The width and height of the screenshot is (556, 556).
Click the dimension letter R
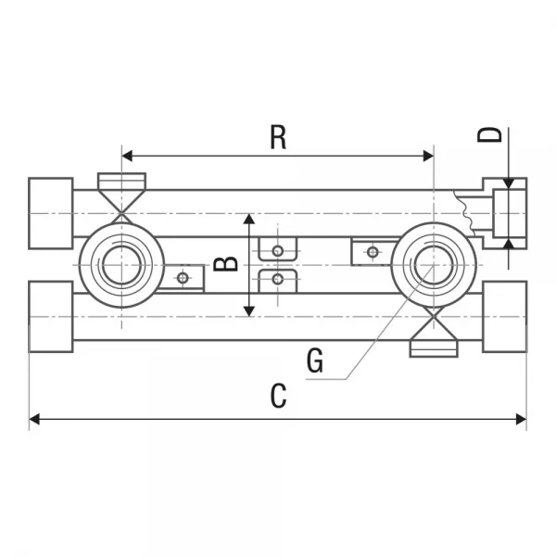click(x=278, y=137)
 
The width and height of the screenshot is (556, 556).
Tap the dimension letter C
click(x=278, y=396)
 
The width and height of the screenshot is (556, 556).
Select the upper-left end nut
click(x=51, y=213)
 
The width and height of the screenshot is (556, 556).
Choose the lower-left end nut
click(x=51, y=317)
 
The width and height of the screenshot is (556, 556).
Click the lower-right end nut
click(x=504, y=317)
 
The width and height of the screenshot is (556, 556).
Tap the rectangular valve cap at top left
click(x=122, y=181)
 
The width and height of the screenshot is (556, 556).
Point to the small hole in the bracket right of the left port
click(x=183, y=277)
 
